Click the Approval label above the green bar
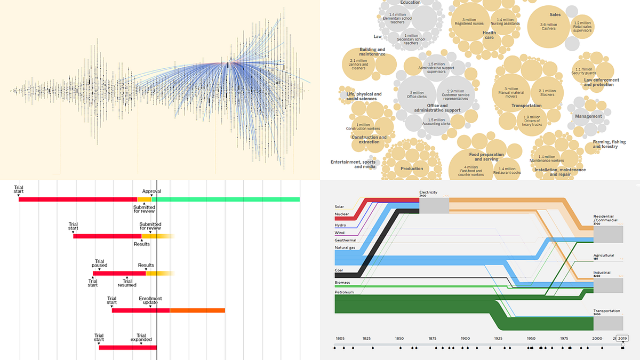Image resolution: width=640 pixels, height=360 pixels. coord(151,191)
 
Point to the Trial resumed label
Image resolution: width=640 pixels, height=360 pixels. coord(127,282)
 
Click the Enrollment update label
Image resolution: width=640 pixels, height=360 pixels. coord(150,301)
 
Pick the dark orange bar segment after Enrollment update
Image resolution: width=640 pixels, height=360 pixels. coord(197,310)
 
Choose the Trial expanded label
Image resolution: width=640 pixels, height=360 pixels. coord(141,337)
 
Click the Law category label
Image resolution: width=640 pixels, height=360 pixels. coord(378,37)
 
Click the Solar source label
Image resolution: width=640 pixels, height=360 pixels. coord(340,207)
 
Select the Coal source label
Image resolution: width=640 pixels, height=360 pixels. coord(339,269)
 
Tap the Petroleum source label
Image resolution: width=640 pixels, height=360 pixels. coord(344,292)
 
